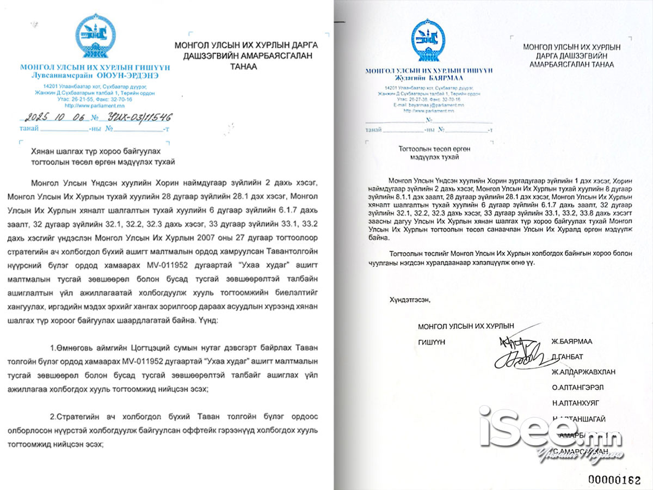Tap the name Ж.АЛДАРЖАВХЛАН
(583, 372)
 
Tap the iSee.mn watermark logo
(550, 430)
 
